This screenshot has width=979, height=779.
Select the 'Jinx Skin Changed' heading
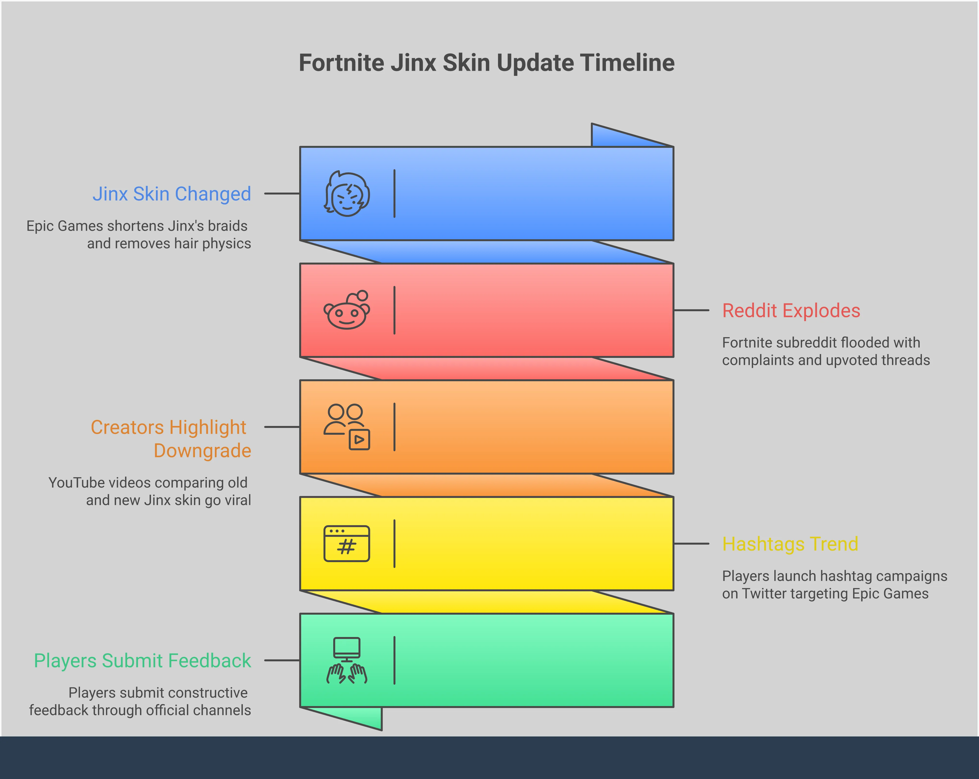pyautogui.click(x=172, y=194)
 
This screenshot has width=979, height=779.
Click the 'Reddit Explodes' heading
pyautogui.click(x=791, y=311)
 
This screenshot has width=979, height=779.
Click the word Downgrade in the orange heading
pyautogui.click(x=202, y=451)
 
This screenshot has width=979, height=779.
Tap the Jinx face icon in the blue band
pyautogui.click(x=347, y=194)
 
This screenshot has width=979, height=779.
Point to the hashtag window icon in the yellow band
pyautogui.click(x=347, y=544)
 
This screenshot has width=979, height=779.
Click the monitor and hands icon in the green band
pyautogui.click(x=347, y=660)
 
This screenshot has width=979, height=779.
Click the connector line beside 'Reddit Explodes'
pyautogui.click(x=691, y=310)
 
